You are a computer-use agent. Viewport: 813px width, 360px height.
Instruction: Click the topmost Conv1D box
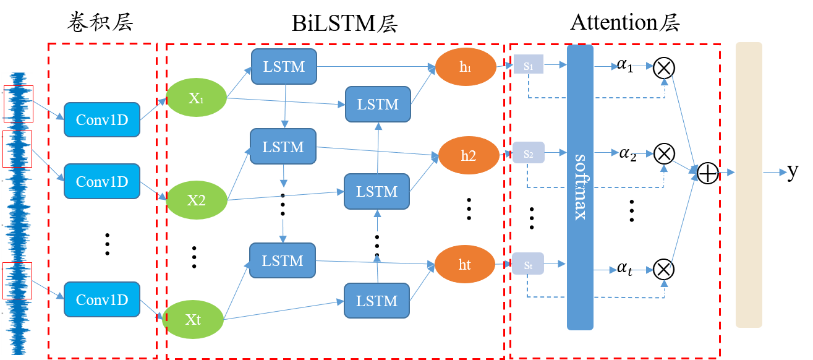(x=102, y=119)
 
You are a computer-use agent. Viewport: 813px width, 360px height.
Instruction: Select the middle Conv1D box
(x=102, y=181)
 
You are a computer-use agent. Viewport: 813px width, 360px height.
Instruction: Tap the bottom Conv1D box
(x=102, y=299)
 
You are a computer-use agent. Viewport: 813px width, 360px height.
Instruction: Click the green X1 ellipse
(x=197, y=98)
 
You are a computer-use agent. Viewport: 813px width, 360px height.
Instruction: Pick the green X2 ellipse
(x=197, y=200)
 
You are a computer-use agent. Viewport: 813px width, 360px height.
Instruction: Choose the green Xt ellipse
(x=193, y=319)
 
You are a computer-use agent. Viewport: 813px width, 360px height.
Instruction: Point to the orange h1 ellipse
(x=466, y=67)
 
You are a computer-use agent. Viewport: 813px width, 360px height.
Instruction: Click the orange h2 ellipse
(x=468, y=155)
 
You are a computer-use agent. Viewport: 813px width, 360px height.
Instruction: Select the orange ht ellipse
(x=465, y=265)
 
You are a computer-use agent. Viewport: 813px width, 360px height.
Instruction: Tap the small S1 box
(x=528, y=64)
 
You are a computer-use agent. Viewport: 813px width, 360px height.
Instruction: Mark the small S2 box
(x=528, y=152)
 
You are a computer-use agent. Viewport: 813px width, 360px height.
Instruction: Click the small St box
(x=528, y=265)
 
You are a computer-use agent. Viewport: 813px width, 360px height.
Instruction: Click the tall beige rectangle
(x=749, y=184)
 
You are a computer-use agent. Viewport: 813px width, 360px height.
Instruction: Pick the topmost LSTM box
(x=284, y=66)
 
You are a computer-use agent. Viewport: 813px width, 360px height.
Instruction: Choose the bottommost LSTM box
(x=377, y=301)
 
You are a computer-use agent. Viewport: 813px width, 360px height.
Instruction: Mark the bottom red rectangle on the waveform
(x=17, y=280)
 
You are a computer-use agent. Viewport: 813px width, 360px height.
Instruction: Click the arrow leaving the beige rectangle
(x=776, y=172)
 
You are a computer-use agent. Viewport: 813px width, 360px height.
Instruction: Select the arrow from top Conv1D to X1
(x=153, y=109)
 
